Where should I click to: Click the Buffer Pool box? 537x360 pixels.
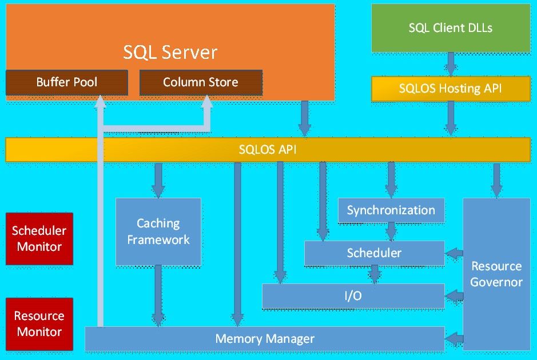[66, 82]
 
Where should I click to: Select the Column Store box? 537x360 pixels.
[201, 82]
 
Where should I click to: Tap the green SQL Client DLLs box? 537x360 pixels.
[451, 27]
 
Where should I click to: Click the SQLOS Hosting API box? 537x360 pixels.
[451, 89]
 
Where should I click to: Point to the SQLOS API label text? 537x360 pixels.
[268, 150]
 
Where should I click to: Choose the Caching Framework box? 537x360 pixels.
[158, 231]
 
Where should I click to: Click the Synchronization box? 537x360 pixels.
[391, 210]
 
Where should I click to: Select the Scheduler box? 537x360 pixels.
[374, 253]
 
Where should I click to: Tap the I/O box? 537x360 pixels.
[353, 296]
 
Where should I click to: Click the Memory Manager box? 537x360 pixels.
[265, 339]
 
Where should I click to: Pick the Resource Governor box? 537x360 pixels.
[496, 274]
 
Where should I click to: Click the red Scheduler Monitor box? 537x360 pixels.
[39, 239]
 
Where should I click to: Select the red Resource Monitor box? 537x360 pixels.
[39, 323]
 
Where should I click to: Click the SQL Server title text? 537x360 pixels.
[170, 52]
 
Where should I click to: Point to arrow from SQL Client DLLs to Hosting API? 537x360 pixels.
[451, 64]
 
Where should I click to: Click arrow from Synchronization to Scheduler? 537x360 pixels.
[391, 231]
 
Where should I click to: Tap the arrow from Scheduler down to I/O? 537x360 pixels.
[374, 275]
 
